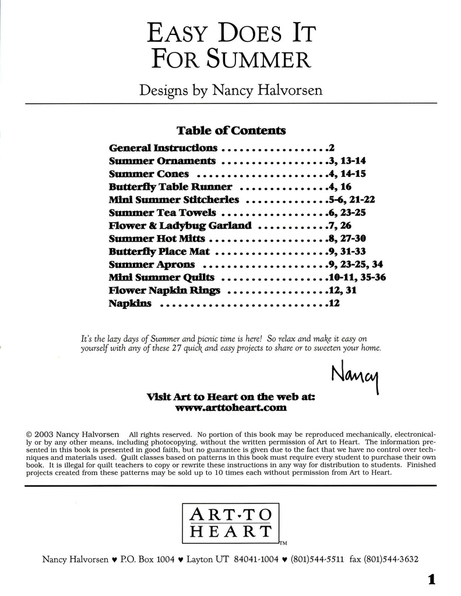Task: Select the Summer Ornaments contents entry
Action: [162, 161]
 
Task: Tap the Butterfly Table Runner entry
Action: [170, 187]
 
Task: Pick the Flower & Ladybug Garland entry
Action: [180, 225]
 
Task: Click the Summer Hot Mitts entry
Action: [157, 239]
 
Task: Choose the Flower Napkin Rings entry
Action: [164, 290]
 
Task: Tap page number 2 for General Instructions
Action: [330, 148]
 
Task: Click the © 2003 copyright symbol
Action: [30, 434]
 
